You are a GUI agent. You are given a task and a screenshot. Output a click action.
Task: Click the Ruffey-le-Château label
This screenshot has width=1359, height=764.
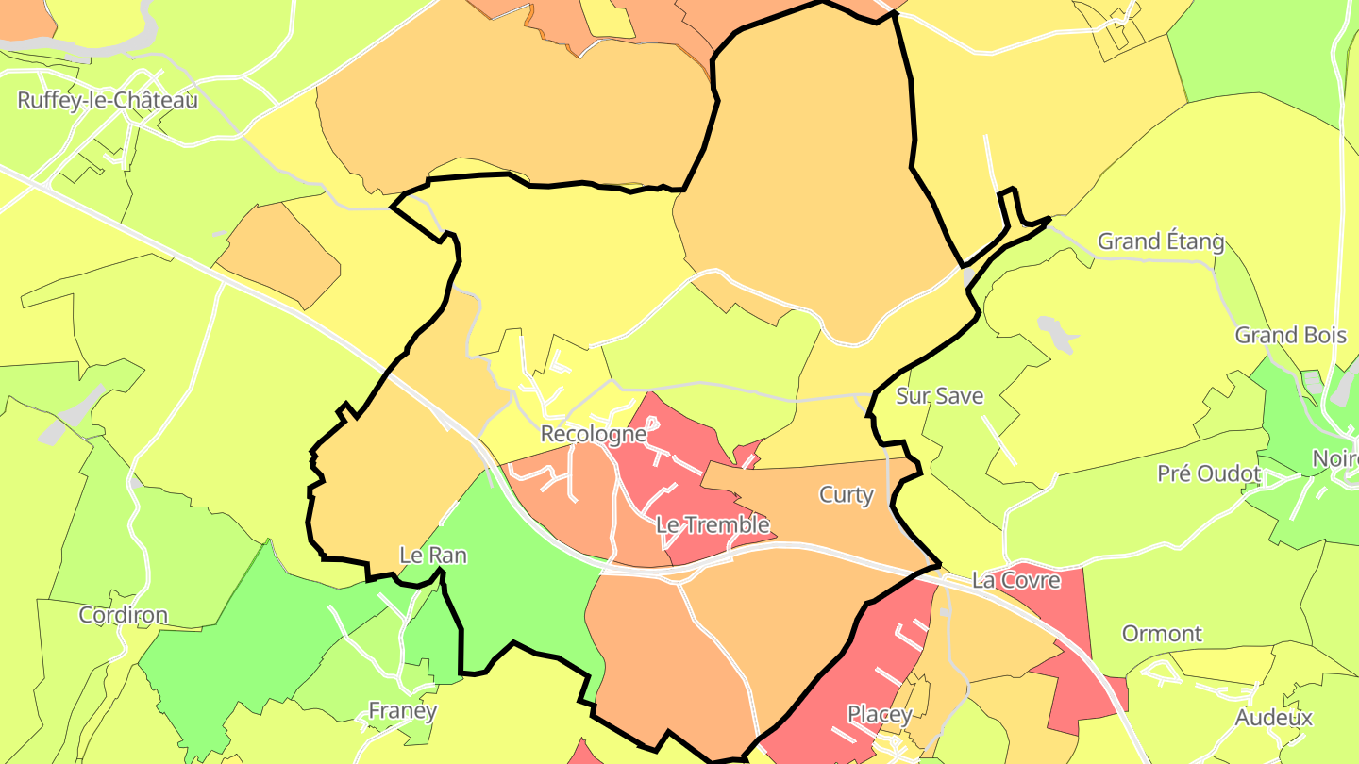pos(108,100)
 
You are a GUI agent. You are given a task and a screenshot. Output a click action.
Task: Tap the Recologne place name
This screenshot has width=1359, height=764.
pos(594,434)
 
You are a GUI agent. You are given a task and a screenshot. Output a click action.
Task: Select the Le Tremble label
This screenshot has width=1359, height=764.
pos(713,524)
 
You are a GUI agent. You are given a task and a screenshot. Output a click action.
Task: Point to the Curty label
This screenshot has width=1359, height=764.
pos(847,494)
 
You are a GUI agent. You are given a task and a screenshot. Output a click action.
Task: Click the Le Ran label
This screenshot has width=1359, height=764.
pos(433,556)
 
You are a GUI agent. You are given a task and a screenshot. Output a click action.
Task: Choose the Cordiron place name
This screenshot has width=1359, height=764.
pos(124,615)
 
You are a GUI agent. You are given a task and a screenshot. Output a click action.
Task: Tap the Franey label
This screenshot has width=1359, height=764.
pos(403,710)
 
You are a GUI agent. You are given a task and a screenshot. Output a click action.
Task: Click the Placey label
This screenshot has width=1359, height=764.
pos(880,714)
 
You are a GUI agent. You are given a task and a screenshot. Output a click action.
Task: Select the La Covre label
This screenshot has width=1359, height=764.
pos(1016,580)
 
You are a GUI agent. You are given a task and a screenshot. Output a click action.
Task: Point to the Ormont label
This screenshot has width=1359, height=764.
pos(1162,633)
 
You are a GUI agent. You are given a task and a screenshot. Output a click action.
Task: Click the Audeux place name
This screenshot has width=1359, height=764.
pos(1274,718)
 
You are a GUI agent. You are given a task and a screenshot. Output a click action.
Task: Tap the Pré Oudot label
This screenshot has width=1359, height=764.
pos(1210,473)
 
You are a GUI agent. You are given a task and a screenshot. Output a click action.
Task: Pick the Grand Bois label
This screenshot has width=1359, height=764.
pos(1291,335)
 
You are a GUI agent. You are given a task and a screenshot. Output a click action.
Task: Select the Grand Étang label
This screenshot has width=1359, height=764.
pos(1161,241)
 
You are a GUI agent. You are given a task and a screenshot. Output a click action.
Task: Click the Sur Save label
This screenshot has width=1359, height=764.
pos(940,396)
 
